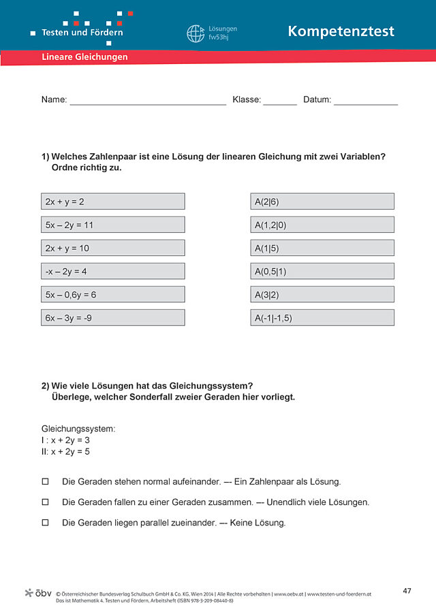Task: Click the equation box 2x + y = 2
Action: [x=112, y=201]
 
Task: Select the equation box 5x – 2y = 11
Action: [x=112, y=225]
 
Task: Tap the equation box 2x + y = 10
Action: [x=112, y=248]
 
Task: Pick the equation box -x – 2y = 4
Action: [x=112, y=271]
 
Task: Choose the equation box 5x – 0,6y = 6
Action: [x=112, y=294]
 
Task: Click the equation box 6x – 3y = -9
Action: [x=112, y=317]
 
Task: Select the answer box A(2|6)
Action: [x=322, y=201]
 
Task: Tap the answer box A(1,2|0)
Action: [x=322, y=225]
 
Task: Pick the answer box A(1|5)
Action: [x=322, y=248]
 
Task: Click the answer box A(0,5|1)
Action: [x=322, y=271]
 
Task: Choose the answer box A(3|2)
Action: [x=322, y=294]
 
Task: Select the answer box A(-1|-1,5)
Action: [x=322, y=317]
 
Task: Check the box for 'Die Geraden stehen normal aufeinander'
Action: [x=46, y=481]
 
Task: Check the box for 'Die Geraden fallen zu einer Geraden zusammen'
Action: [x=46, y=502]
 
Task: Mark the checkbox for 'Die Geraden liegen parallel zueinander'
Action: [x=46, y=523]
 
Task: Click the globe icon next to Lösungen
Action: [x=196, y=33]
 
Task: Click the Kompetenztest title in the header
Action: [x=341, y=31]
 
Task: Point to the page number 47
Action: [x=407, y=591]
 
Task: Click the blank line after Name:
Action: [x=148, y=101]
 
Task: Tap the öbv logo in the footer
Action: [x=38, y=593]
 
